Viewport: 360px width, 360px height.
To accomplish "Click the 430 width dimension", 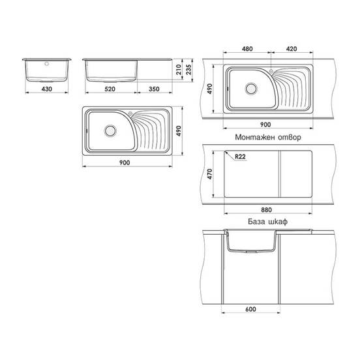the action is tap(47, 89).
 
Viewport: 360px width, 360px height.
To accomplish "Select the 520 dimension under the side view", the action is tap(110, 89).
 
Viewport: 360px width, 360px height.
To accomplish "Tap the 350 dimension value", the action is tap(154, 89).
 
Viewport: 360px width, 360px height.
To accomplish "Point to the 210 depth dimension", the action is tap(179, 69).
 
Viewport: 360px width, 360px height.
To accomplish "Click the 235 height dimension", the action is tap(188, 69).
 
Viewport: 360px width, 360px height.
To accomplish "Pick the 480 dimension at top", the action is tap(247, 49).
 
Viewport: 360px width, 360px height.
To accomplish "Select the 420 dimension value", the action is tap(292, 49).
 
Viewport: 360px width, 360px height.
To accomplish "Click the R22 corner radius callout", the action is tap(240, 157).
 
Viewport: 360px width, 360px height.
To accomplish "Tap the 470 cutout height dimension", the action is tap(209, 174).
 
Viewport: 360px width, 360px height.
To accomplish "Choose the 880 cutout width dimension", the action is tap(266, 210).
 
